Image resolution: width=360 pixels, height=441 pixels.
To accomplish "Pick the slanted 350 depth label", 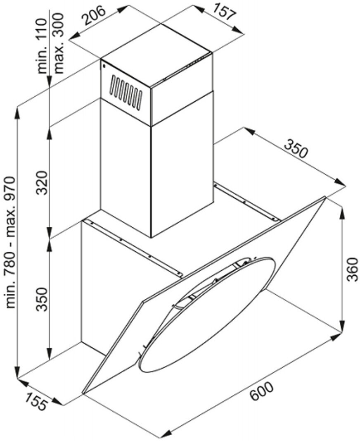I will (296, 150).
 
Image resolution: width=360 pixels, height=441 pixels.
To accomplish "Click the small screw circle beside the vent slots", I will (103, 65).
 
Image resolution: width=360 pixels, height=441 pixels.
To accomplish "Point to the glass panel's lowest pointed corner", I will (84, 392).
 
